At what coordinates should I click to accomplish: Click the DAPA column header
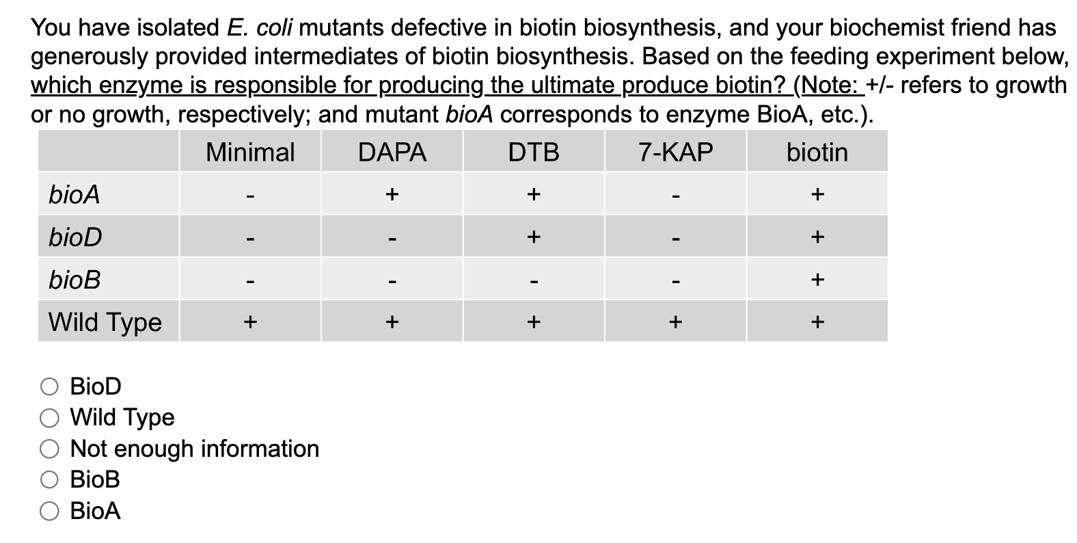(x=392, y=152)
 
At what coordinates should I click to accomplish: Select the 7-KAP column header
(x=675, y=152)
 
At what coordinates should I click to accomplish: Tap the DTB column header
(x=534, y=152)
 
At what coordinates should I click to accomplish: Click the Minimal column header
(x=250, y=152)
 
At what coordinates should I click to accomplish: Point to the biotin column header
(x=817, y=152)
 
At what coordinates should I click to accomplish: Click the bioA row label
(x=74, y=195)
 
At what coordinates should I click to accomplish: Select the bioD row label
(x=75, y=237)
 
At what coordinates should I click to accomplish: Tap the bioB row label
(x=74, y=280)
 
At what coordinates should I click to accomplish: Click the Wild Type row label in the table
(x=105, y=321)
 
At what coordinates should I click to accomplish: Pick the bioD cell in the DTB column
(x=534, y=237)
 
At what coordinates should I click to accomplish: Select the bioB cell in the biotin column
(x=817, y=280)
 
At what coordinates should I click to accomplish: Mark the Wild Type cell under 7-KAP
(x=675, y=321)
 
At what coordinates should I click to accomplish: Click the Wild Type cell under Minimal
(x=250, y=321)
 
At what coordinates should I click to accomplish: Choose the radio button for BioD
(x=50, y=387)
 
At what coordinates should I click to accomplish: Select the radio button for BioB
(x=50, y=480)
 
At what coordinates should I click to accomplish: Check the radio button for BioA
(x=50, y=511)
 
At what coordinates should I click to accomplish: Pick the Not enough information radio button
(x=50, y=449)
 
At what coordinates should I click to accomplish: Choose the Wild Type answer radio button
(x=50, y=418)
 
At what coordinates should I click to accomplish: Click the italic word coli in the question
(x=275, y=28)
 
